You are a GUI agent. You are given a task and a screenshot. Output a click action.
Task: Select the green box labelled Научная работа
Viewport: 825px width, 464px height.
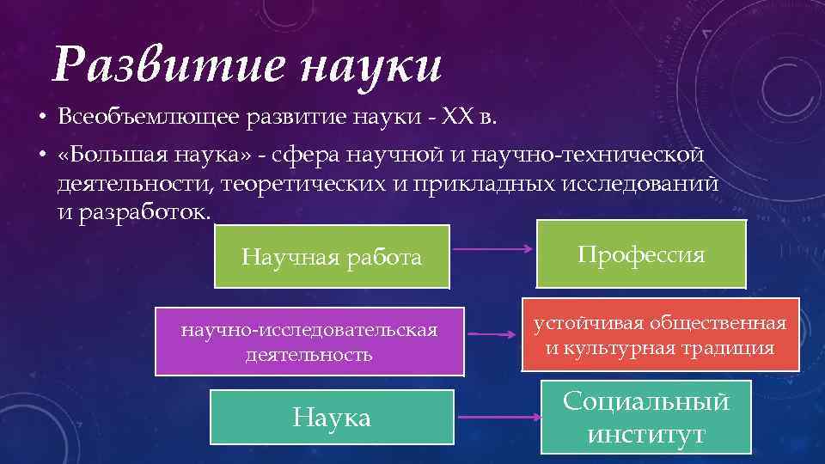click(x=332, y=256)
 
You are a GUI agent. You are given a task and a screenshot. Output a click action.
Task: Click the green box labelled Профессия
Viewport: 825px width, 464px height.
click(x=641, y=253)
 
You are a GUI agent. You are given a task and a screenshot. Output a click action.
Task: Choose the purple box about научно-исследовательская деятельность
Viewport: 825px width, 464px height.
click(x=309, y=341)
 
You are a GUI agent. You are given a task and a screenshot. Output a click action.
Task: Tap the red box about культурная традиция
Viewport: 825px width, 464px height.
click(x=660, y=335)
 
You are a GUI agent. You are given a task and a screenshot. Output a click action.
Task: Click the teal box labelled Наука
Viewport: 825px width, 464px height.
click(x=332, y=418)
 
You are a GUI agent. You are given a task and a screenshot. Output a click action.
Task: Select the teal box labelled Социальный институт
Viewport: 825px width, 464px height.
click(x=645, y=417)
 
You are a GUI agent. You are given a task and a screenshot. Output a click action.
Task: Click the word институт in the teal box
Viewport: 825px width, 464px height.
click(x=645, y=434)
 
